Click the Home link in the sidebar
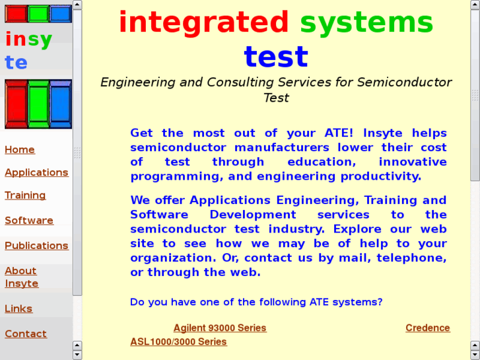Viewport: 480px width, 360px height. click(20, 150)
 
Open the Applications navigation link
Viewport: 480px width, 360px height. click(36, 172)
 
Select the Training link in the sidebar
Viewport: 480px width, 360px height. click(25, 196)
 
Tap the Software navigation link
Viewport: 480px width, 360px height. click(29, 221)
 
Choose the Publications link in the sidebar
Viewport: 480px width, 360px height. click(36, 246)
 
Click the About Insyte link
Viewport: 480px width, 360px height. click(21, 277)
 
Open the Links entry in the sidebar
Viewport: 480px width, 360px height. click(18, 308)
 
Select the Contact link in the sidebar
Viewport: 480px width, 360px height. click(26, 334)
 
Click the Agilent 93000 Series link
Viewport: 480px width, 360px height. click(220, 328)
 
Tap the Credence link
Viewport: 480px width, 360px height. click(428, 328)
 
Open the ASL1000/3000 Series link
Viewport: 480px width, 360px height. click(178, 342)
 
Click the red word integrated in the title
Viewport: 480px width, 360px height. click(203, 22)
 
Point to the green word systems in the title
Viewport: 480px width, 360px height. click(366, 22)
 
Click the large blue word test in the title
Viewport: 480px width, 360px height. click(276, 57)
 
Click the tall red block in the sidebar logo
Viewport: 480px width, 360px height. click(16, 104)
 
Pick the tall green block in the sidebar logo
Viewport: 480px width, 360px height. click(38, 104)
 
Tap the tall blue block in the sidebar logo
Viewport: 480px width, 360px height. click(60, 104)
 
